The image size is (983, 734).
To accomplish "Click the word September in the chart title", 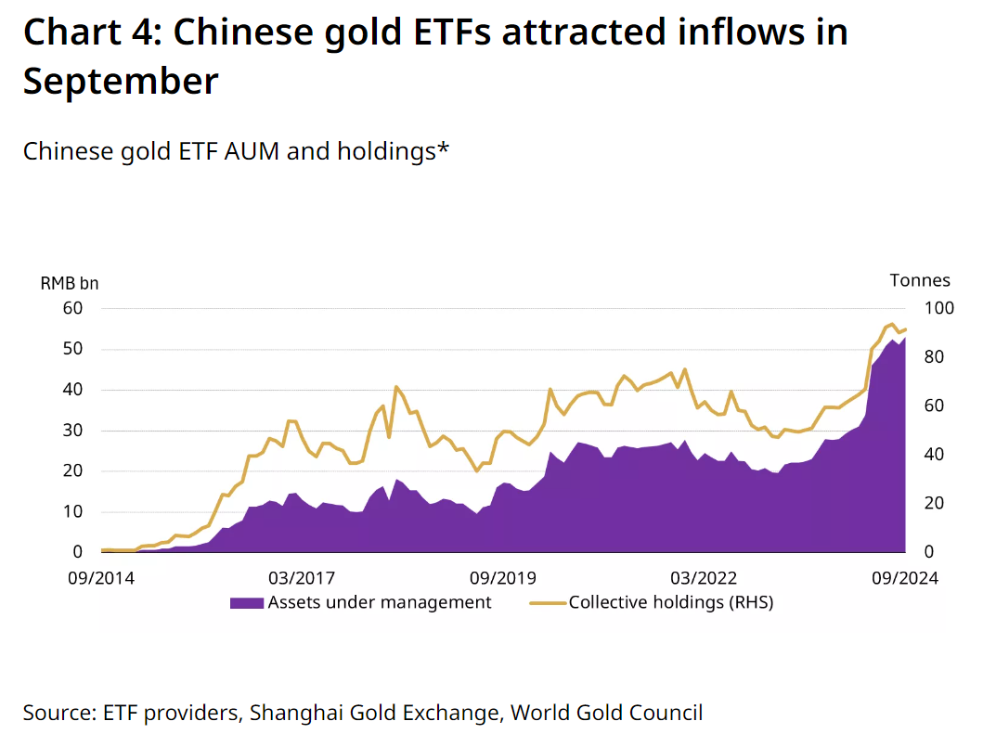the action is [121, 82].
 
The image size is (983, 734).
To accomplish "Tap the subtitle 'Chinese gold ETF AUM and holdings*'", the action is [237, 151].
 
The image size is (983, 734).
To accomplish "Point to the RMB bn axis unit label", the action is [70, 283].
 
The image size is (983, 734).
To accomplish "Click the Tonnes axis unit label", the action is [920, 280].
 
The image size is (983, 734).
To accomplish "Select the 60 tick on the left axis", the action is [72, 308].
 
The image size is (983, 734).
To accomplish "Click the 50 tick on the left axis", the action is [72, 349].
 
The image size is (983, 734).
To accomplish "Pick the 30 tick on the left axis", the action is [72, 430].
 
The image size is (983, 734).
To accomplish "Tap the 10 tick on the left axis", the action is [72, 511].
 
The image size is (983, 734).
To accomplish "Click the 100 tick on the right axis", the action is [939, 308].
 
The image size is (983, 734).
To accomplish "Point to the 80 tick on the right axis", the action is [934, 356].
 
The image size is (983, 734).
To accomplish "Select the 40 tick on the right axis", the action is [934, 454].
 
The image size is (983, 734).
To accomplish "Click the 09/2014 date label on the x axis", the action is [101, 578].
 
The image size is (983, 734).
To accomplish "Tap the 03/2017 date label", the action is [302, 578].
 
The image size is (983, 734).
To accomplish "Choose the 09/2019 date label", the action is [503, 578].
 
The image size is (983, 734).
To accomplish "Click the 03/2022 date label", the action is [704, 578].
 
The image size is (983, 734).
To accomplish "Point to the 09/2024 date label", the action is [905, 578].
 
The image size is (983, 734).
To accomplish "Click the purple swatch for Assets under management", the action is [246, 603].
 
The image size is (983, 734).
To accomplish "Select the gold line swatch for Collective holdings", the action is [548, 603].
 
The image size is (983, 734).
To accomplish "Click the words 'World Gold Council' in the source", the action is [606, 713].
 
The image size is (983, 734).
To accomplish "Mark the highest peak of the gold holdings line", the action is [892, 324].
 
